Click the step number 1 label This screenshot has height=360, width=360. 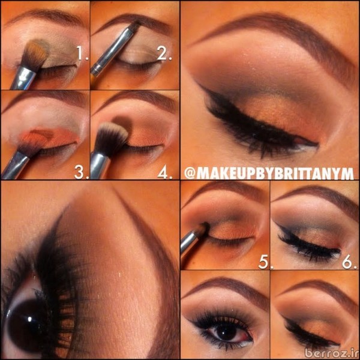pos(82,53)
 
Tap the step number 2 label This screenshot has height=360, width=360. pos(164,53)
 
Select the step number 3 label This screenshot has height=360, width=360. pos(82,172)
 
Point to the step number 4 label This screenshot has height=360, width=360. pos(164,172)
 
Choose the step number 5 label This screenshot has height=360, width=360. pos(266,262)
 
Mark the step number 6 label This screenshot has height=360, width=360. pos(349,262)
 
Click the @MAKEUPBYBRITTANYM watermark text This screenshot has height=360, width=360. pos(269,173)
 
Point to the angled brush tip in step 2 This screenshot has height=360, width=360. pos(135,26)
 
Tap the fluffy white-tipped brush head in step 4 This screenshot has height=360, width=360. pos(111,139)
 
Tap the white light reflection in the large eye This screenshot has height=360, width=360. pos(29,319)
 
